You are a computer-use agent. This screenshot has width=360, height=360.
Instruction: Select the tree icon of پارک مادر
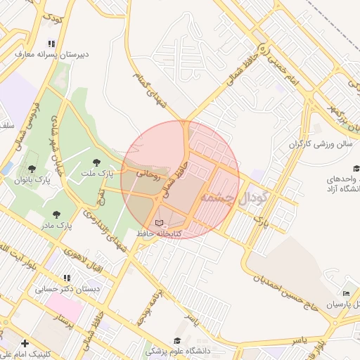pyautogui.click(x=56, y=214)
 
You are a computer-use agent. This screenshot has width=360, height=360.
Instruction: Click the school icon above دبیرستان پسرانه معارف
pyautogui.click(x=51, y=42)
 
